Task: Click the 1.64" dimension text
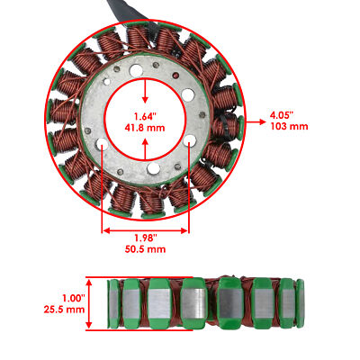click(x=146, y=116)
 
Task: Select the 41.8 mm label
click(x=146, y=130)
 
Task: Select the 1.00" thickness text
click(x=73, y=297)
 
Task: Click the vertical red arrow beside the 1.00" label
click(x=97, y=302)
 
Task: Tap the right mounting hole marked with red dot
click(x=190, y=144)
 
